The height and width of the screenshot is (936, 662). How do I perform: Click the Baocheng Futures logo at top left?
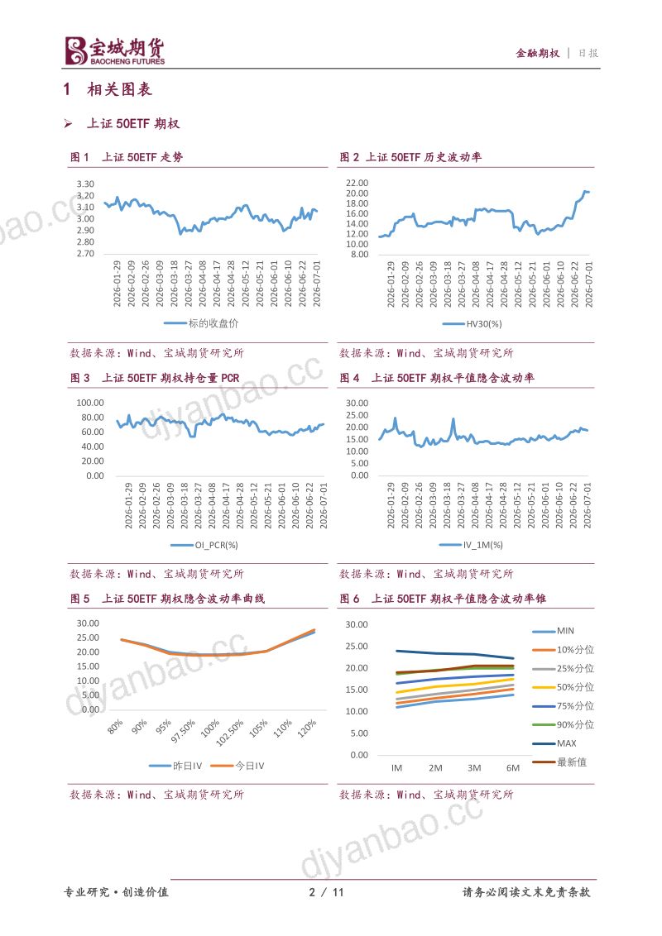click(x=115, y=51)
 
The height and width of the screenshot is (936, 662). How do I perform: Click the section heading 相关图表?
click(x=119, y=89)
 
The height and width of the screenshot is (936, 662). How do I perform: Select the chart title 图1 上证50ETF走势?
click(x=127, y=157)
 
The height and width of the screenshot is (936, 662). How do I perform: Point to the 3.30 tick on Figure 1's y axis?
click(x=85, y=184)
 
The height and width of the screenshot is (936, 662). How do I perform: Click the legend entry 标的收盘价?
click(x=201, y=323)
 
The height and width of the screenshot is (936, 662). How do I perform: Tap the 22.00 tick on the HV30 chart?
click(x=357, y=183)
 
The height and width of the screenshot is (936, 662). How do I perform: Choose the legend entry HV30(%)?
click(x=472, y=324)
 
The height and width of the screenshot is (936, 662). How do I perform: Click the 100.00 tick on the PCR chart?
click(x=90, y=403)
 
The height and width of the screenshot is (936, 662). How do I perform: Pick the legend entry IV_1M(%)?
click(x=471, y=545)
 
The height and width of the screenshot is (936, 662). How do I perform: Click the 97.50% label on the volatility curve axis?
click(x=184, y=731)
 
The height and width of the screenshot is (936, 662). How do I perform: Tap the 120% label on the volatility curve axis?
click(x=306, y=728)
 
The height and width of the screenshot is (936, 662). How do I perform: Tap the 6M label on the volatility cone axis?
click(x=512, y=768)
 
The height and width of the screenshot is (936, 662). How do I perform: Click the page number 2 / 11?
click(x=326, y=892)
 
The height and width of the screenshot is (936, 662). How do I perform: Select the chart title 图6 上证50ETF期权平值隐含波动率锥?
click(x=443, y=599)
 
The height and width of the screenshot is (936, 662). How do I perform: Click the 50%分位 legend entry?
click(x=563, y=687)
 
